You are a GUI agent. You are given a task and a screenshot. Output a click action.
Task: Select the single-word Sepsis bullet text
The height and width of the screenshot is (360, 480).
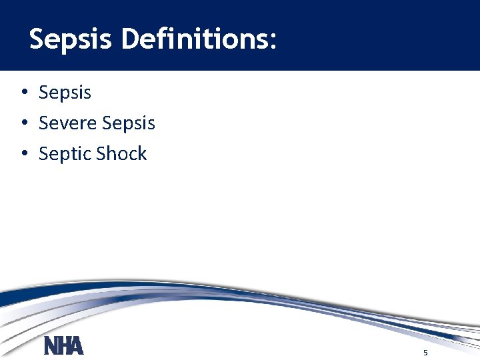pyautogui.click(x=65, y=93)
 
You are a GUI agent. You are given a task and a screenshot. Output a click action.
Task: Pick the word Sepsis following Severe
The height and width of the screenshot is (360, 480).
pyautogui.click(x=129, y=123)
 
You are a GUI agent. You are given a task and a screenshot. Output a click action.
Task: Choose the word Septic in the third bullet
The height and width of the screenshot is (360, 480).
pyautogui.click(x=65, y=154)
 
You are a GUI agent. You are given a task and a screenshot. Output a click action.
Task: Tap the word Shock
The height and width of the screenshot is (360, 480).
pyautogui.click(x=121, y=154)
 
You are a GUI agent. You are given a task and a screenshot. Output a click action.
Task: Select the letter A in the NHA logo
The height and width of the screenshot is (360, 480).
pyautogui.click(x=76, y=346)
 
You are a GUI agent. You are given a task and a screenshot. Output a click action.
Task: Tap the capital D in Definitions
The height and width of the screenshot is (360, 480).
pyautogui.click(x=131, y=39)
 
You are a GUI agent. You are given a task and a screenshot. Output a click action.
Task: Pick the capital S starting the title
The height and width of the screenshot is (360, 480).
pyautogui.click(x=37, y=39)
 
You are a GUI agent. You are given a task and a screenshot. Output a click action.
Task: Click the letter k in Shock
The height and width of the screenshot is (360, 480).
pyautogui.click(x=141, y=154)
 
